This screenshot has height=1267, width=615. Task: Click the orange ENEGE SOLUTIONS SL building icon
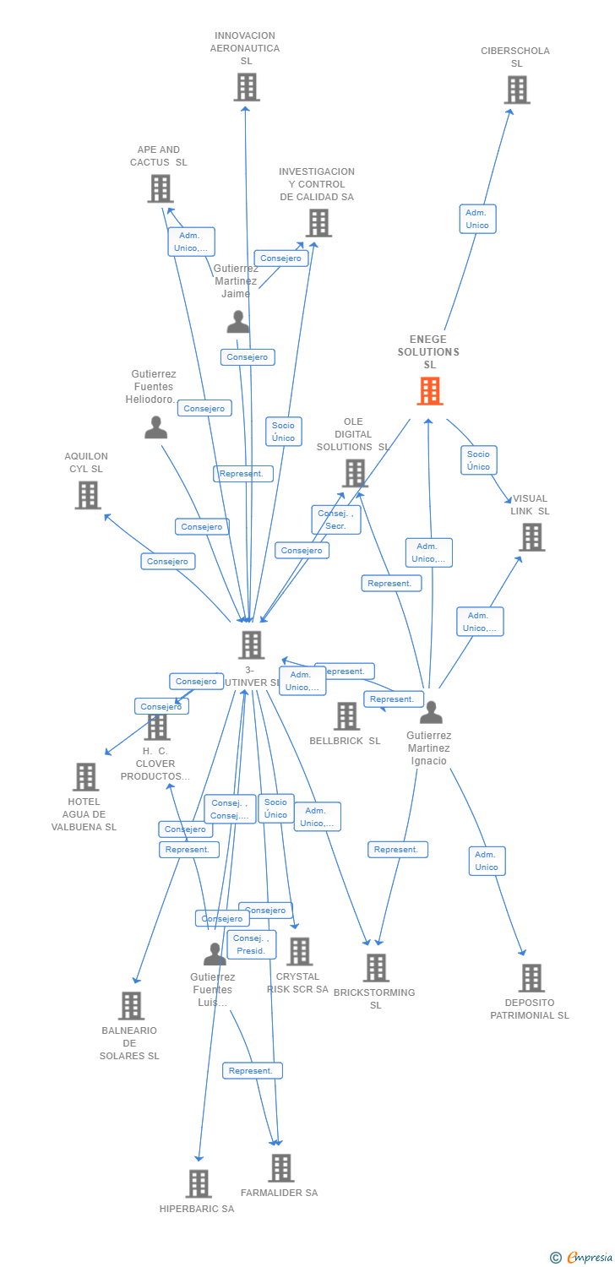click(x=430, y=391)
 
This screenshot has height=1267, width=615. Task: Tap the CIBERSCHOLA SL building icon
click(x=517, y=90)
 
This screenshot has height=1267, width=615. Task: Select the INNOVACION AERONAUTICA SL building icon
click(x=247, y=87)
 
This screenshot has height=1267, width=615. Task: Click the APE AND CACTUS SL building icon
click(x=161, y=188)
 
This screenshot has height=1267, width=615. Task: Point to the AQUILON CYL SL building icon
click(x=88, y=495)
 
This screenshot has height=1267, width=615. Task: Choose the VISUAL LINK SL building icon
click(x=531, y=536)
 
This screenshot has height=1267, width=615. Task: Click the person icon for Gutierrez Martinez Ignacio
click(x=431, y=713)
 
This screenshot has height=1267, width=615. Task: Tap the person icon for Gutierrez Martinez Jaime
click(x=238, y=322)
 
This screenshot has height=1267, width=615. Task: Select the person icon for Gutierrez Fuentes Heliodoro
click(x=155, y=427)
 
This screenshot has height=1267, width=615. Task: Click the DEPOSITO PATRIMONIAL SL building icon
click(x=531, y=977)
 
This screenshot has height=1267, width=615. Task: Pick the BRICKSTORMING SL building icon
click(x=376, y=967)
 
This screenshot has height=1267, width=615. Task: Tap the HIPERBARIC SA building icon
click(x=199, y=1183)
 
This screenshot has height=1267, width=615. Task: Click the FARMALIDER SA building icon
click(x=280, y=1168)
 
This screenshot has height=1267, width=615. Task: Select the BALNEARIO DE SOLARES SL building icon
click(x=131, y=1005)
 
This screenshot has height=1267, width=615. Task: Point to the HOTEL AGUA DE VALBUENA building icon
click(x=85, y=776)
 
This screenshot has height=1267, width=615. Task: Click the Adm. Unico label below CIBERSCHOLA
click(x=477, y=219)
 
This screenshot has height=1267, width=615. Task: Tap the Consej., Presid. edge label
click(x=251, y=944)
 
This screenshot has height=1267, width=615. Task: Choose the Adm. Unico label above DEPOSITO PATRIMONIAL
click(x=487, y=861)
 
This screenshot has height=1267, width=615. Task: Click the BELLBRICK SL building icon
click(x=346, y=716)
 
